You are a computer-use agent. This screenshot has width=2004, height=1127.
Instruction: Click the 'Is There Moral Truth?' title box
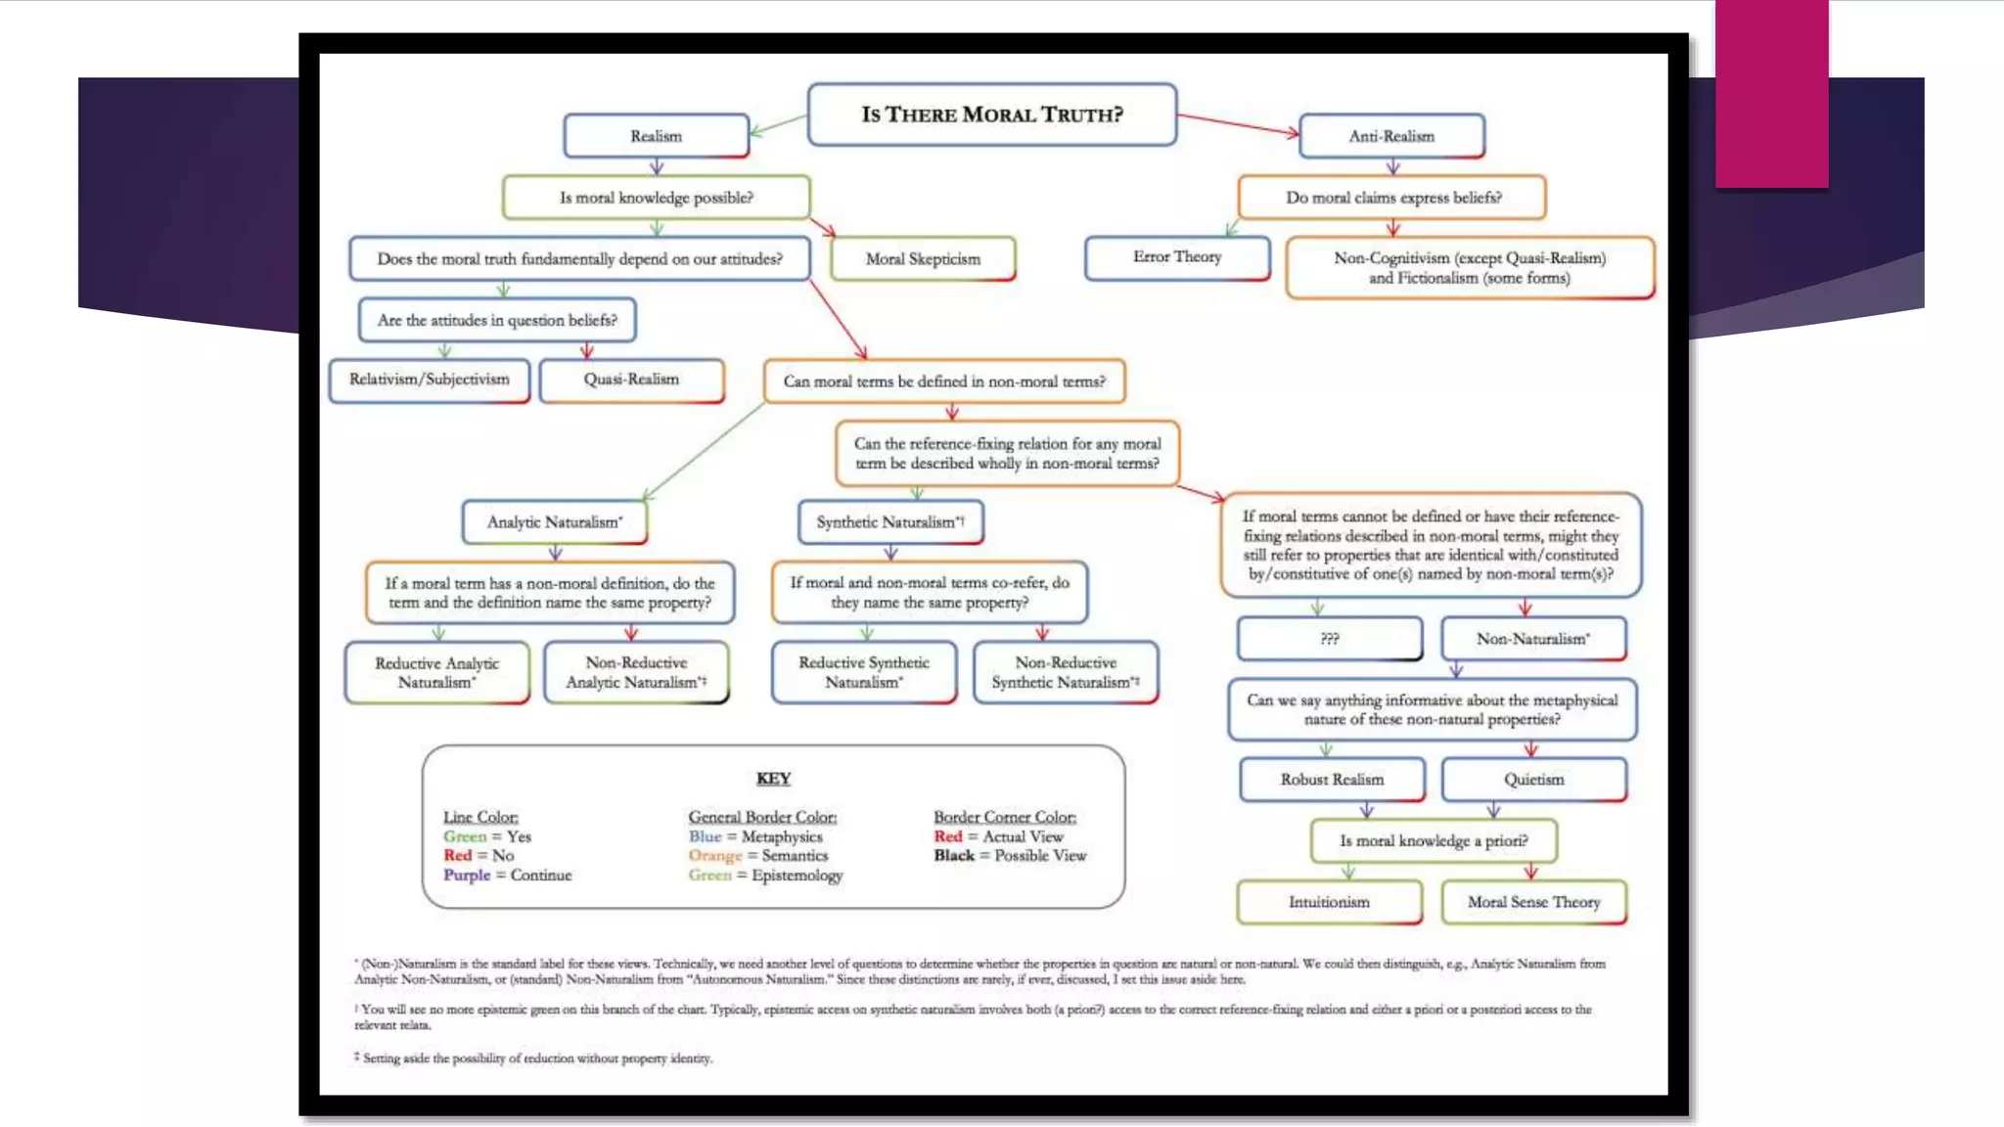[x=991, y=114]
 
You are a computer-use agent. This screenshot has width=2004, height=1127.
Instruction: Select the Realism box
[x=656, y=136]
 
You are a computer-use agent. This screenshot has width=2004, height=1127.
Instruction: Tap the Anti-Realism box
[x=1390, y=136]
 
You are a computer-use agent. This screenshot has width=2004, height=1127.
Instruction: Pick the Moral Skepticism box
[x=922, y=258]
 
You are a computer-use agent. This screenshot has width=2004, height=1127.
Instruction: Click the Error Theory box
[x=1176, y=257]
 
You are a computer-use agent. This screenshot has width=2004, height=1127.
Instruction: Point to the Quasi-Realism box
[x=631, y=380]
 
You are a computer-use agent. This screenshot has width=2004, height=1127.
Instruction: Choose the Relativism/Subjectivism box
[x=430, y=380]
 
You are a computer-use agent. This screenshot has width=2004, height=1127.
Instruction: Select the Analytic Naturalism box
[x=554, y=521]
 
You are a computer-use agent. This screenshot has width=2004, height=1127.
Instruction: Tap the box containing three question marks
[x=1329, y=639]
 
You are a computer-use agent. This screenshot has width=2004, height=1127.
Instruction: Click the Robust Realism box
[x=1332, y=780]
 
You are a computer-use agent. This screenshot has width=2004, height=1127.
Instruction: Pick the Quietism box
[x=1533, y=780]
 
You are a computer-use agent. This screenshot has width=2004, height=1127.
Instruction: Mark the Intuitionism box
[x=1329, y=902]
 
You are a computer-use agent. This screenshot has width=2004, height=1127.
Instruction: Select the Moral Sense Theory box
[x=1533, y=902]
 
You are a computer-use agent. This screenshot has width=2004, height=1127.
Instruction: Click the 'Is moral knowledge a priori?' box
[x=1433, y=840]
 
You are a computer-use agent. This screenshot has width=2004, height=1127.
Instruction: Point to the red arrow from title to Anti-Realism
[x=1238, y=124]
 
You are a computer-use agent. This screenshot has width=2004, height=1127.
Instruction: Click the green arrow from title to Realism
[x=779, y=125]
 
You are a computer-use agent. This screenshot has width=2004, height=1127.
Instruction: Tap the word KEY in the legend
[x=773, y=779]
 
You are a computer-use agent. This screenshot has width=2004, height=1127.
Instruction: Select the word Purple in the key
[x=467, y=875]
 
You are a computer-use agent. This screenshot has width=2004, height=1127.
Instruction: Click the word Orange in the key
[x=714, y=855]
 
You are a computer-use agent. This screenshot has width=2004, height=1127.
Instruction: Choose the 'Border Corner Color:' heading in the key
[x=1004, y=817]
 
